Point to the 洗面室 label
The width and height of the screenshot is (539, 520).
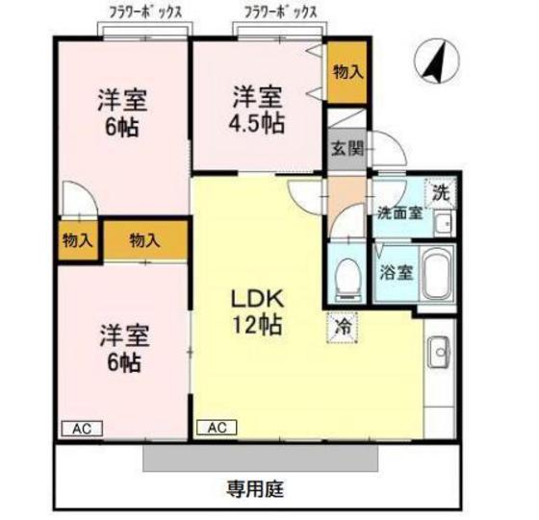click(x=398, y=213)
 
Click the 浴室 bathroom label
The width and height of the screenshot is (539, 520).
click(x=396, y=271)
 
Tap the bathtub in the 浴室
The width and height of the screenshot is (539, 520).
click(x=438, y=275)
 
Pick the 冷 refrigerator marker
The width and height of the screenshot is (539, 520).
click(x=343, y=325)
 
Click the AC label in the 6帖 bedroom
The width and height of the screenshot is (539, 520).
click(x=82, y=427)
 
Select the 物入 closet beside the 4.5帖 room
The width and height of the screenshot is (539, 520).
click(x=347, y=72)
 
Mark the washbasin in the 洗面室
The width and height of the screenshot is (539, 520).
click(x=443, y=226)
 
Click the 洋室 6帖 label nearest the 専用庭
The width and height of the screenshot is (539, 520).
click(x=121, y=348)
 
